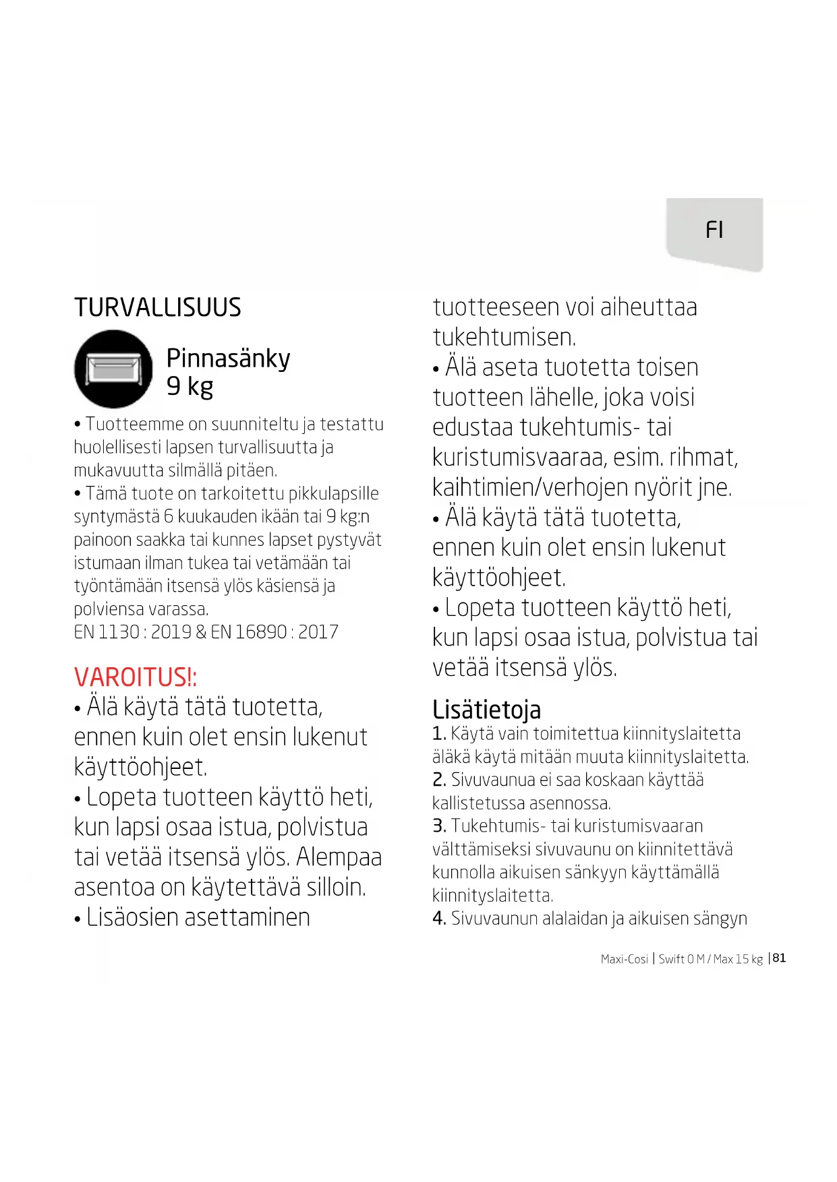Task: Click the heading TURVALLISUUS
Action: tap(157, 308)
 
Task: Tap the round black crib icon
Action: tap(113, 369)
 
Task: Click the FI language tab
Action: tap(714, 230)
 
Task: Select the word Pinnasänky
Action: tap(228, 359)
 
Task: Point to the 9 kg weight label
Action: tap(190, 387)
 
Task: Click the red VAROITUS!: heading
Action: tap(135, 677)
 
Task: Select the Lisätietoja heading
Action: tap(486, 710)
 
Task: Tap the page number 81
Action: tap(779, 958)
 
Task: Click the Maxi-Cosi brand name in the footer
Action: tap(624, 959)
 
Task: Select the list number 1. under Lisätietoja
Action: tap(438, 734)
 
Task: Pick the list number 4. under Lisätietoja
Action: tap(438, 919)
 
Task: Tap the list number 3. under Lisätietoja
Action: tap(438, 826)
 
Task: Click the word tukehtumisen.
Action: tap(504, 338)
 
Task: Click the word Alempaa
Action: tap(339, 857)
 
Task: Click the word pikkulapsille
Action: tap(333, 494)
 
